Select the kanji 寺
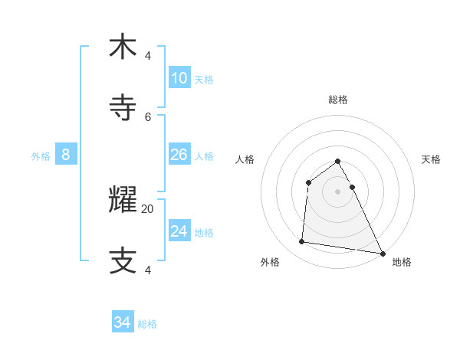click(123, 107)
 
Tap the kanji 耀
click(123, 201)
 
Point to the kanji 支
click(123, 260)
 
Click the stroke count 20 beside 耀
click(148, 208)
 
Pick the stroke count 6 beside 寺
click(148, 116)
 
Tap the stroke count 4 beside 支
click(148, 270)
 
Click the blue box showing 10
click(179, 78)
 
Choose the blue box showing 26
click(179, 155)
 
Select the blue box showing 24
click(179, 231)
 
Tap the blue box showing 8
click(66, 155)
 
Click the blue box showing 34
click(123, 322)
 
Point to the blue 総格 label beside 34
click(147, 324)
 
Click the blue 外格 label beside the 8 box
click(41, 156)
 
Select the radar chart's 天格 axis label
click(432, 159)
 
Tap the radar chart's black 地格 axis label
click(402, 262)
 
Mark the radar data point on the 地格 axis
click(383, 254)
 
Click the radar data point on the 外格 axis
click(302, 242)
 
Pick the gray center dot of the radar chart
click(338, 191)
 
